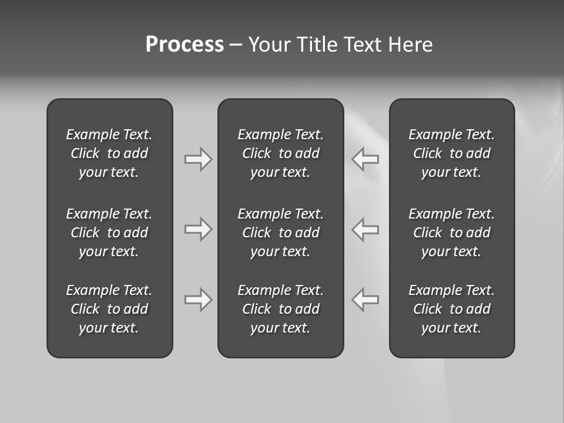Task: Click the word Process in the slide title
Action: tap(184, 45)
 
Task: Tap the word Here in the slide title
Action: tap(411, 45)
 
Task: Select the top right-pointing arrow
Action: tap(198, 159)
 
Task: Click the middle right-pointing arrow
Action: tap(198, 229)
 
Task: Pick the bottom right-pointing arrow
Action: tap(198, 300)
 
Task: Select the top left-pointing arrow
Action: tap(365, 159)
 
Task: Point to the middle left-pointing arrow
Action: tap(365, 229)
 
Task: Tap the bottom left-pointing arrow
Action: tap(365, 300)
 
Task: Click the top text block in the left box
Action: tap(109, 153)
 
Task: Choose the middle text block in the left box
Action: tap(109, 233)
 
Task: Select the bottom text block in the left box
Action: tap(109, 309)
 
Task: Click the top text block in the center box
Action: tap(280, 153)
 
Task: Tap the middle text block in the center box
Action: tap(280, 233)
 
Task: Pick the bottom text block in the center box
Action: tap(280, 309)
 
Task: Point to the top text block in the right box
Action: tap(451, 153)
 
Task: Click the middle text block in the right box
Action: tap(451, 233)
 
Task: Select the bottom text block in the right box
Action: tap(451, 309)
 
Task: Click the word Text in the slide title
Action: tap(363, 45)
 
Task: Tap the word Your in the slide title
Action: tap(270, 45)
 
